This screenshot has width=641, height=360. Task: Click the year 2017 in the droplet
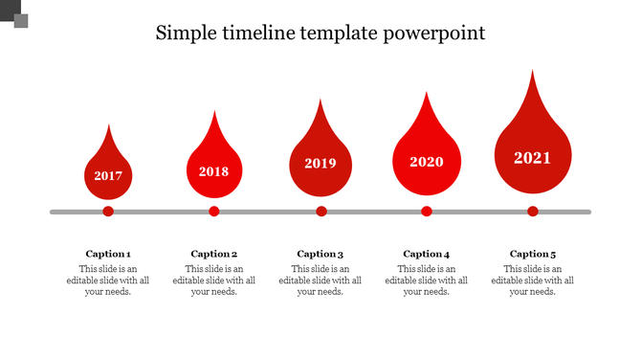pyautogui.click(x=108, y=176)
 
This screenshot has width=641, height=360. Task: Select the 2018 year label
pyautogui.click(x=214, y=172)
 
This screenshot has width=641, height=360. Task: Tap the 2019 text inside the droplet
pyautogui.click(x=320, y=164)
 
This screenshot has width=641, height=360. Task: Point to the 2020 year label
pyautogui.click(x=427, y=162)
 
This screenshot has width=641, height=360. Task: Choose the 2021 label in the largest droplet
pyautogui.click(x=533, y=158)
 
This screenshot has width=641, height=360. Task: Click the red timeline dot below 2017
pyautogui.click(x=108, y=212)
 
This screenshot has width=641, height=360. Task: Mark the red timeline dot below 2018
pyautogui.click(x=214, y=212)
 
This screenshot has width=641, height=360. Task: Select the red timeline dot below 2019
pyautogui.click(x=321, y=212)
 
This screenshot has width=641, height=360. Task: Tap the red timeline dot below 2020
pyautogui.click(x=427, y=212)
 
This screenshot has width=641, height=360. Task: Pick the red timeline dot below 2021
pyautogui.click(x=533, y=212)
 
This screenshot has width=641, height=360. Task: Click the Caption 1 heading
pyautogui.click(x=108, y=254)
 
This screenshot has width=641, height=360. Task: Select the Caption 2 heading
pyautogui.click(x=214, y=254)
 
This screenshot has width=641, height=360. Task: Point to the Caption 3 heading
pyautogui.click(x=320, y=254)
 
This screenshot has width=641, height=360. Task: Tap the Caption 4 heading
pyautogui.click(x=427, y=254)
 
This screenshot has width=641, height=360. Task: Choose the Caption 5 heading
pyautogui.click(x=533, y=254)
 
